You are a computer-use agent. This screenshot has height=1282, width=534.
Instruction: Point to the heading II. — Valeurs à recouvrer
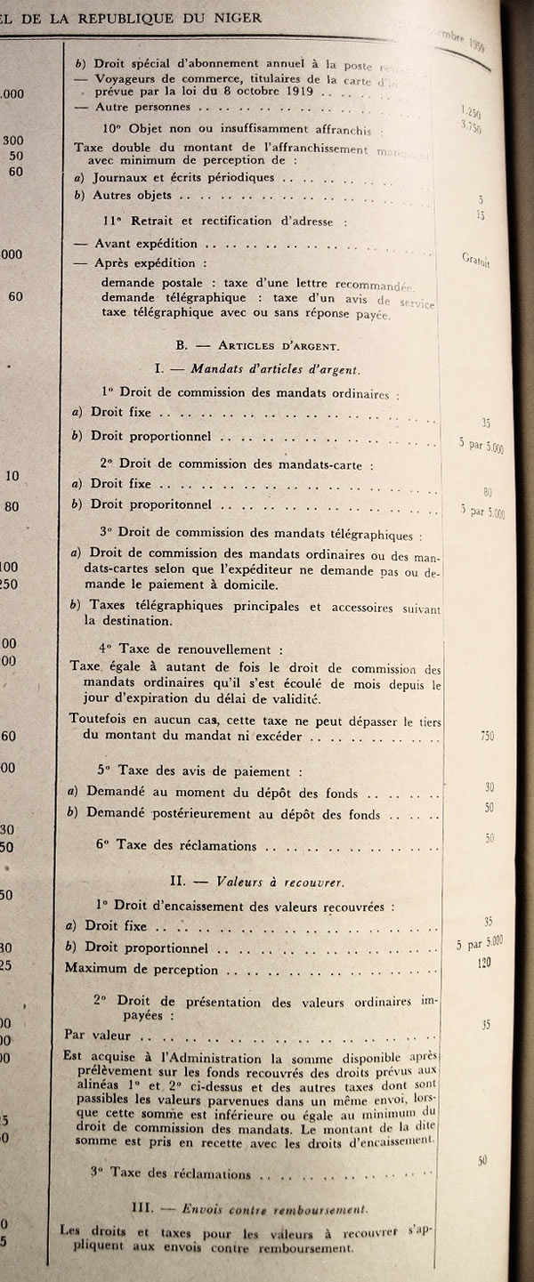[257, 881]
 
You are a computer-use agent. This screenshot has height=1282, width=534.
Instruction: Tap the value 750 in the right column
[486, 736]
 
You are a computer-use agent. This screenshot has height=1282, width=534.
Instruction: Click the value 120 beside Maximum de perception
[485, 963]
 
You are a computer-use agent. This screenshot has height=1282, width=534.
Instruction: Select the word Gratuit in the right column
[477, 260]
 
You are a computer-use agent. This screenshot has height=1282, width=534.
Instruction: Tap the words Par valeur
[98, 1035]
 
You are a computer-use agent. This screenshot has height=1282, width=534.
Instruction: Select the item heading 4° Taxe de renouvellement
[190, 649]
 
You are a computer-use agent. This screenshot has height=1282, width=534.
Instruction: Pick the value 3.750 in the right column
[472, 127]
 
